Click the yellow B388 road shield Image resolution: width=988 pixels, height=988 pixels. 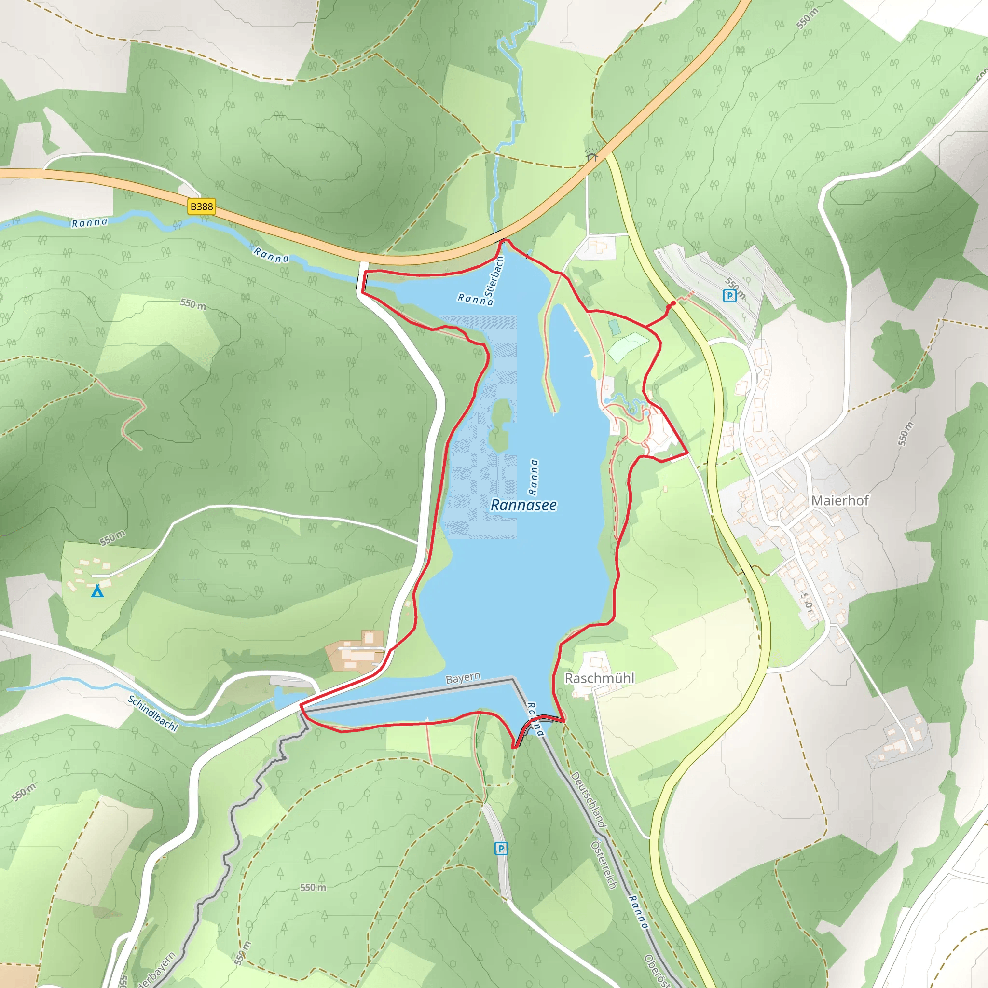(x=201, y=206)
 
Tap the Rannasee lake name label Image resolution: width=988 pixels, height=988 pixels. (x=523, y=505)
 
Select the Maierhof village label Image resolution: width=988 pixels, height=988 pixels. (x=840, y=500)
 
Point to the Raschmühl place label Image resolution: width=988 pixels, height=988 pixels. (x=599, y=678)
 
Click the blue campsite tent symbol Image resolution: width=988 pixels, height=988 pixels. (x=97, y=591)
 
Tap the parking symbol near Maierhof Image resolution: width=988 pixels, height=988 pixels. (x=729, y=295)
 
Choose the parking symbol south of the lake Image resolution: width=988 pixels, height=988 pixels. (x=501, y=849)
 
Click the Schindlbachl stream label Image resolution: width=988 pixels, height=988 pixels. (x=153, y=714)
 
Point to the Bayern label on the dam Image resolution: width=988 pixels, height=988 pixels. (x=463, y=678)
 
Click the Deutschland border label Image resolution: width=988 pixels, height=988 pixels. (x=588, y=800)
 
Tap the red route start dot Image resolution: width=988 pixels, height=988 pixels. (x=673, y=303)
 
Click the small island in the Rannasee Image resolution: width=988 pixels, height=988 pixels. (x=500, y=424)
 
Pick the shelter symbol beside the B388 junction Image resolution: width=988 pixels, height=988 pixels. (x=592, y=155)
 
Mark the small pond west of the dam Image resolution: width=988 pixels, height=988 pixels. (x=284, y=698)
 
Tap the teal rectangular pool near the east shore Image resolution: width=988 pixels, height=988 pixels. (x=614, y=327)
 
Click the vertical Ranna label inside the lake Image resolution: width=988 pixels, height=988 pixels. (x=534, y=477)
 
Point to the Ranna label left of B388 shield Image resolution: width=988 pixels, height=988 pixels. (x=90, y=222)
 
